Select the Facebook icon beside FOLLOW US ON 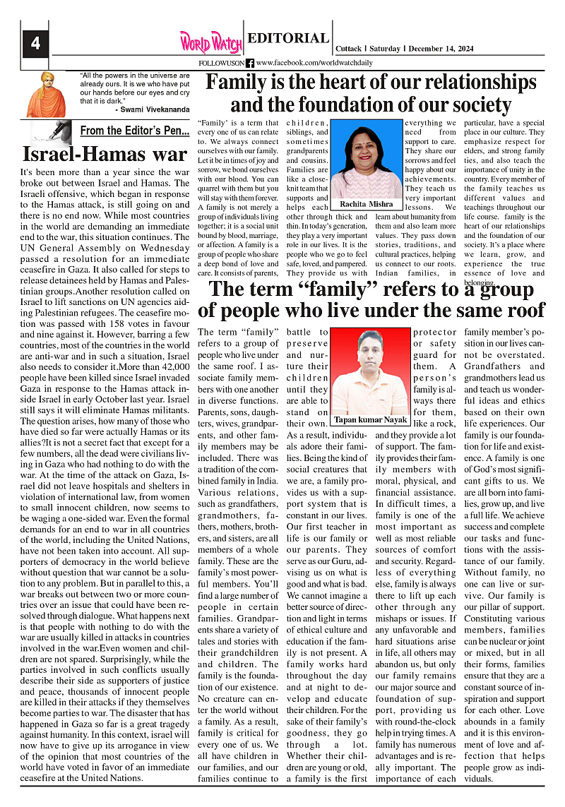pyautogui.click(x=250, y=63)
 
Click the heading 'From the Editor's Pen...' pyautogui.click(x=134, y=131)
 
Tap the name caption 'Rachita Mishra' pyautogui.click(x=367, y=204)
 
